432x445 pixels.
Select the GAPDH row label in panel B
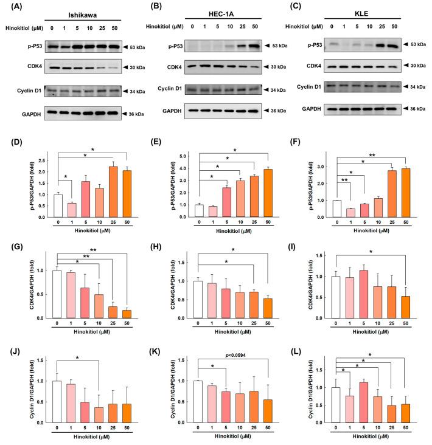166,111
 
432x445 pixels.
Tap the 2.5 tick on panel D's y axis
42,161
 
